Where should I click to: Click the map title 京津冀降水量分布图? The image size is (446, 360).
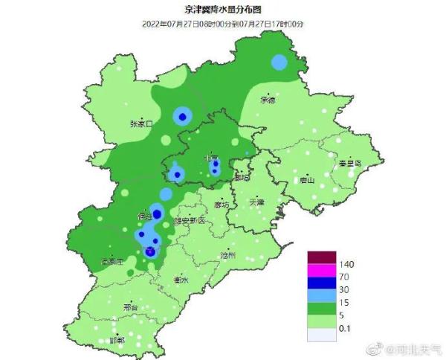pos(222,10)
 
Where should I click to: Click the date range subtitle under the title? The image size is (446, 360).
pos(222,25)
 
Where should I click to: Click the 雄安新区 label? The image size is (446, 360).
pos(189,220)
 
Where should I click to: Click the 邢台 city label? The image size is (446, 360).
pos(131,306)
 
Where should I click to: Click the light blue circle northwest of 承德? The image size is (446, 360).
pos(279,62)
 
